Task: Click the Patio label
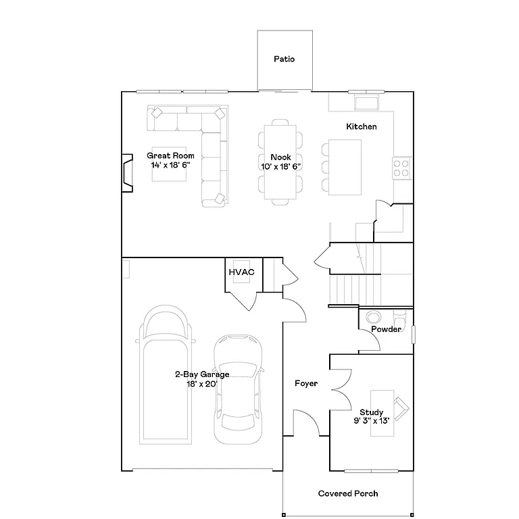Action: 284,59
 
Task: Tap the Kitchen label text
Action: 362,127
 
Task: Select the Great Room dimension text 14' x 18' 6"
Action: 171,164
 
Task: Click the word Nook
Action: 280,157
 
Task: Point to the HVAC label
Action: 241,272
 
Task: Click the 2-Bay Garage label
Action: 202,374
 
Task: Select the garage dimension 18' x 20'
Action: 202,383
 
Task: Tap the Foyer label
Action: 306,384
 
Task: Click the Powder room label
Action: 387,329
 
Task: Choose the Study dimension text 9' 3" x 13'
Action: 372,420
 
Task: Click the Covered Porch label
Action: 348,494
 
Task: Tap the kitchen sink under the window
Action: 366,103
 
